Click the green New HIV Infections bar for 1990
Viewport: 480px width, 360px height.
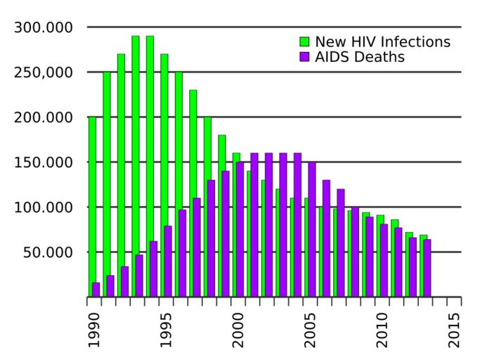click(91, 204)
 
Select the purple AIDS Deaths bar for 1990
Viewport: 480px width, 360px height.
click(96, 289)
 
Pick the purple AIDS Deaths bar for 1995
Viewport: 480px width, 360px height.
click(168, 261)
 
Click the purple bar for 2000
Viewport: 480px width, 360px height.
click(240, 229)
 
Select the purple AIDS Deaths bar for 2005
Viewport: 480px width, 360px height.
click(312, 229)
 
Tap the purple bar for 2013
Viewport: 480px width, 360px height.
click(427, 268)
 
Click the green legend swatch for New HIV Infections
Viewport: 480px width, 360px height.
click(305, 41)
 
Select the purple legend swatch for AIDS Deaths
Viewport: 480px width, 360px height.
click(305, 57)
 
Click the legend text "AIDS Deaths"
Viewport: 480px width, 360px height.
click(359, 57)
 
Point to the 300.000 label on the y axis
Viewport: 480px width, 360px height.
click(44, 27)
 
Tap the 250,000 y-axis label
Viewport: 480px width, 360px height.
click(44, 72)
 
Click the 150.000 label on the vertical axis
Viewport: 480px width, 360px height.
click(44, 162)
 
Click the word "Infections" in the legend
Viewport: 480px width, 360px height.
click(415, 41)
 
